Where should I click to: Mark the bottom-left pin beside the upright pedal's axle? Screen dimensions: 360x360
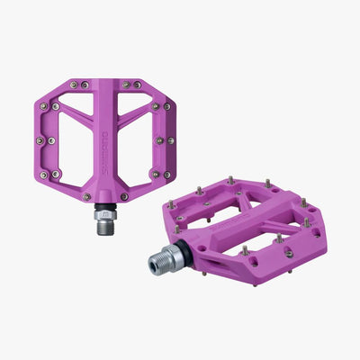click(x=86, y=195)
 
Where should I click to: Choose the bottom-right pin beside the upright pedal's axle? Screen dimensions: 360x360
click(x=128, y=195)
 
